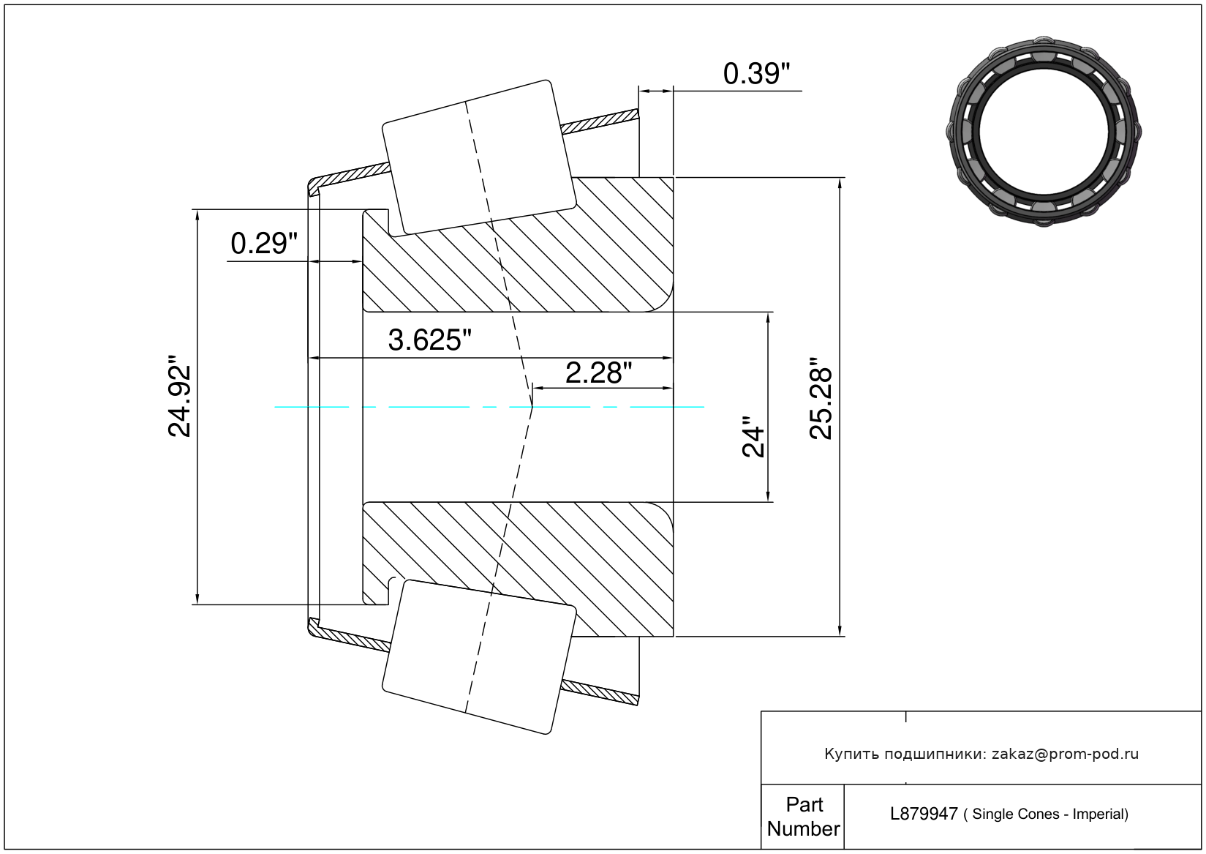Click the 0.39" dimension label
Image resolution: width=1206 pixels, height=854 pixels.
pyautogui.click(x=756, y=74)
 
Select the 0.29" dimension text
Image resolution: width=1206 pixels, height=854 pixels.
pyautogui.click(x=264, y=244)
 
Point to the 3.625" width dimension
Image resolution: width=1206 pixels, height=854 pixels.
pyautogui.click(x=429, y=340)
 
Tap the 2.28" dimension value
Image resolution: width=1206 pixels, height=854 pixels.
pyautogui.click(x=598, y=373)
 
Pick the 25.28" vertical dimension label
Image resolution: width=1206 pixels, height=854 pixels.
pyautogui.click(x=821, y=398)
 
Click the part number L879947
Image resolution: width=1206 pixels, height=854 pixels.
pyautogui.click(x=924, y=814)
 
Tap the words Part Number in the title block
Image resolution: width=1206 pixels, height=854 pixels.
pyautogui.click(x=803, y=817)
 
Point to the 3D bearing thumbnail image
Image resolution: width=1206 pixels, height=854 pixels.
pyautogui.click(x=1044, y=132)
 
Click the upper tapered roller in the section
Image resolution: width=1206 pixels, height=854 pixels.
pyautogui.click(x=479, y=158)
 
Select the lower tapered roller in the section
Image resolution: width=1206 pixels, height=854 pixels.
pyautogui.click(x=479, y=657)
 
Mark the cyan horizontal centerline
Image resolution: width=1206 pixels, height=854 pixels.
pyautogui.click(x=489, y=407)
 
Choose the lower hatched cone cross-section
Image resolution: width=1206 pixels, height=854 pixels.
pyautogui.click(x=518, y=569)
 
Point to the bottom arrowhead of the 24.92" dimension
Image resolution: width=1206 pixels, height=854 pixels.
pyautogui.click(x=197, y=599)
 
